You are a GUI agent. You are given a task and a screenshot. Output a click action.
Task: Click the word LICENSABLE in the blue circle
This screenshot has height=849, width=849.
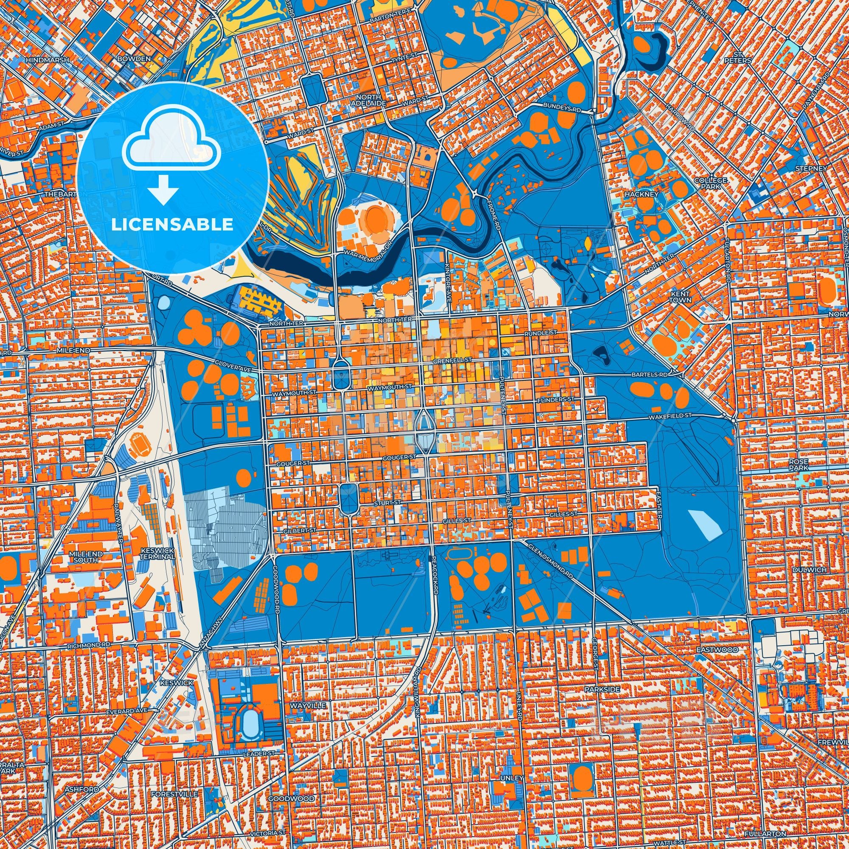click(x=172, y=224)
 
